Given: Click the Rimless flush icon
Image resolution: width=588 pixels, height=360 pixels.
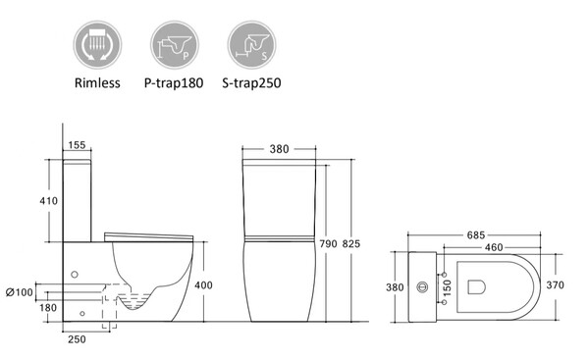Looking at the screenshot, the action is [x=97, y=45].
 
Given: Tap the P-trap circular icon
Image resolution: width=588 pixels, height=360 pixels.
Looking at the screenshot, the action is [x=175, y=45].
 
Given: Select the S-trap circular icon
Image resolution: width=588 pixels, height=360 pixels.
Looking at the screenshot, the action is [x=251, y=45].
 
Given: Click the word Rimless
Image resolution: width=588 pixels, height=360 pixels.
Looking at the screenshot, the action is [x=97, y=82].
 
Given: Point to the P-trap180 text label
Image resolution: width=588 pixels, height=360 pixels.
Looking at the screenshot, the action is [x=174, y=82].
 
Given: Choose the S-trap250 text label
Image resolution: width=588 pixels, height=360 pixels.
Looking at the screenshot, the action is [x=251, y=82].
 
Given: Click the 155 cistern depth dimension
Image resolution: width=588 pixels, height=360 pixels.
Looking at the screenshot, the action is [x=78, y=145].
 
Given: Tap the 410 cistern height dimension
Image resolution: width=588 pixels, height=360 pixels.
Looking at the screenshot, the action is [x=49, y=201].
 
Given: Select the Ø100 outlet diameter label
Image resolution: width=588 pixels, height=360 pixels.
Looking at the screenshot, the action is [x=20, y=292].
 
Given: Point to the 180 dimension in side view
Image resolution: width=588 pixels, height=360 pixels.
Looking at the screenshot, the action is [x=48, y=308].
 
